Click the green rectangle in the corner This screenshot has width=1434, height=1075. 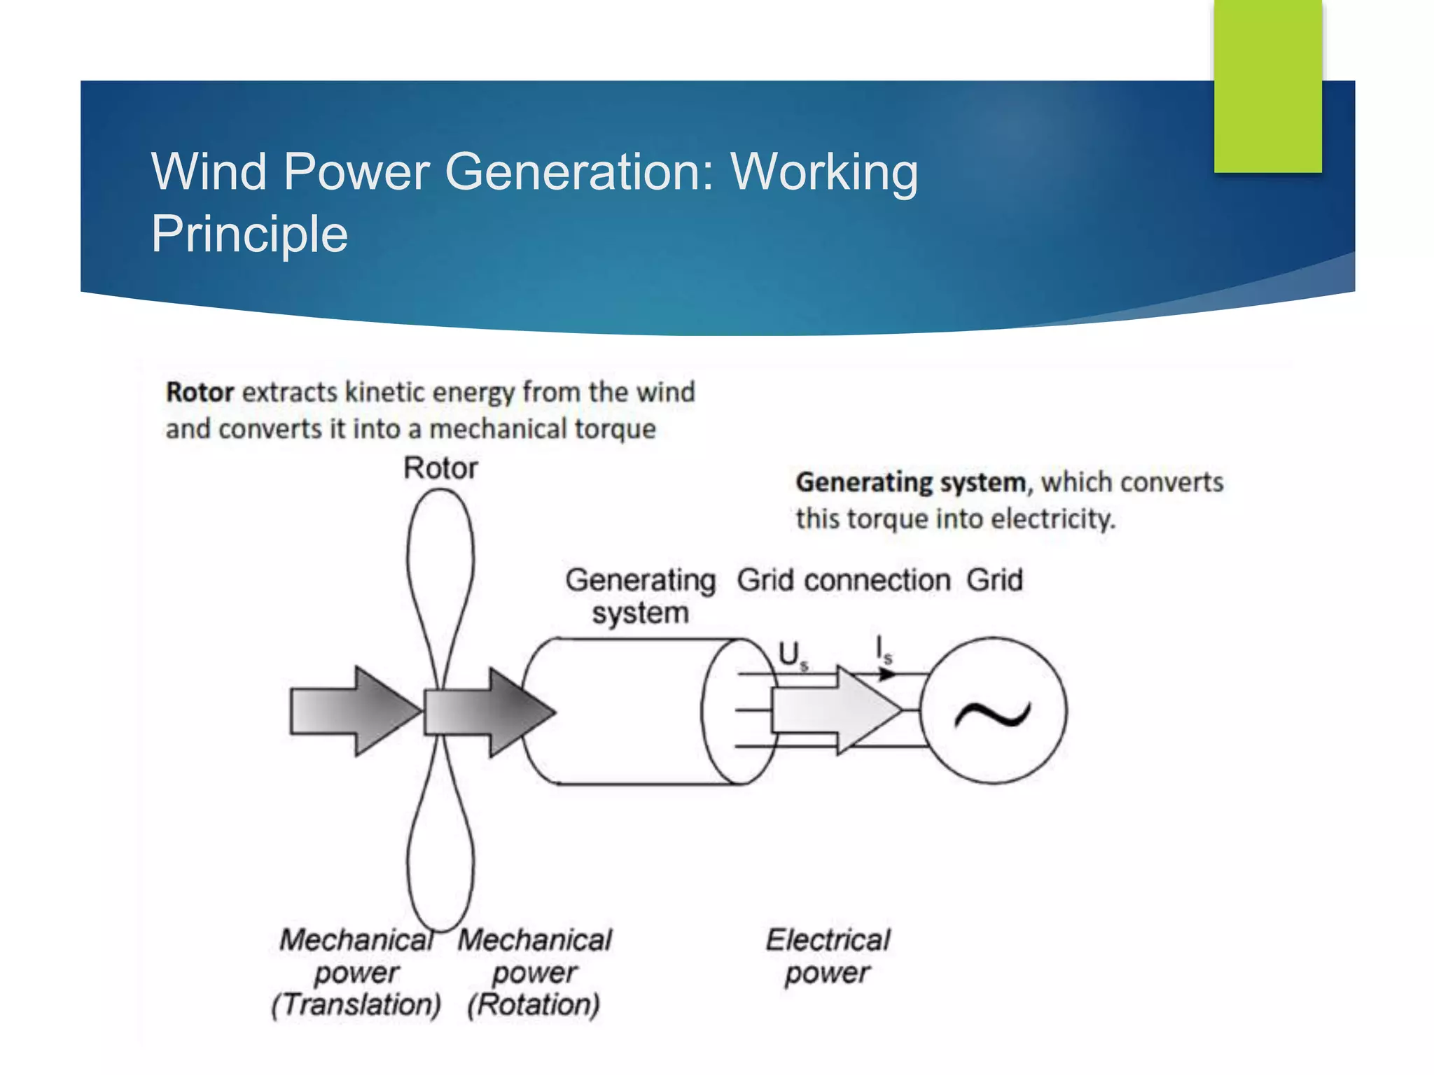coord(1267,85)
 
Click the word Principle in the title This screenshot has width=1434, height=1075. coord(249,234)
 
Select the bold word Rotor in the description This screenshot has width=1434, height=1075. coord(200,392)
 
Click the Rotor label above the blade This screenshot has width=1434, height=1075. coord(440,468)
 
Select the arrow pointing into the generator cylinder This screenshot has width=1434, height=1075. coord(490,712)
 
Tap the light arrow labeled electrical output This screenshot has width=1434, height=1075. coord(833,710)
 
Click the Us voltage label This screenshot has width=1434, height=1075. coord(792,655)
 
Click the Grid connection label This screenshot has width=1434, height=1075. coord(844,580)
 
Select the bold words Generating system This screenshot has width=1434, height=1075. coord(910,482)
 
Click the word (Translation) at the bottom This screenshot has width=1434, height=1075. coord(356,1004)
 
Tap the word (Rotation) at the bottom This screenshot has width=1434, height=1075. coord(534,1004)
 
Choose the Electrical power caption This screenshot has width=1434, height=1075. coord(828,956)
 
